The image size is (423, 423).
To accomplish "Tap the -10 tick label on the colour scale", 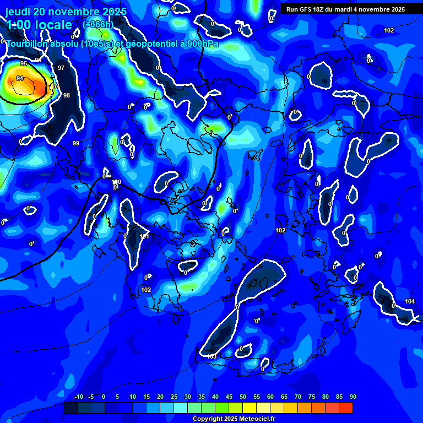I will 78,397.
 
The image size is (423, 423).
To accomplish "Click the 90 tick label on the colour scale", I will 352,397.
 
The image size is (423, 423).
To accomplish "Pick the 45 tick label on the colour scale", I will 229,397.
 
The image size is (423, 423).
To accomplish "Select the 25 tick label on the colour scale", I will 173,397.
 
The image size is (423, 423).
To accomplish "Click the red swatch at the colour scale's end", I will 345,408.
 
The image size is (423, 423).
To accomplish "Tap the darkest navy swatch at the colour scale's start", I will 70,408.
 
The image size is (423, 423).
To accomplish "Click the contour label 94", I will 20,79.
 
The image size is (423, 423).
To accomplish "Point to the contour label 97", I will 61,68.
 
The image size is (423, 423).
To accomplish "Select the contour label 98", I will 67,95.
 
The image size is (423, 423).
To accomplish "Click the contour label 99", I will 76,143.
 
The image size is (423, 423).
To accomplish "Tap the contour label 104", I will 409,301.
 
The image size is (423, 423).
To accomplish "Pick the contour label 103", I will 212,356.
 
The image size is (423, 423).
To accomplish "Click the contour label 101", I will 144,236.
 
